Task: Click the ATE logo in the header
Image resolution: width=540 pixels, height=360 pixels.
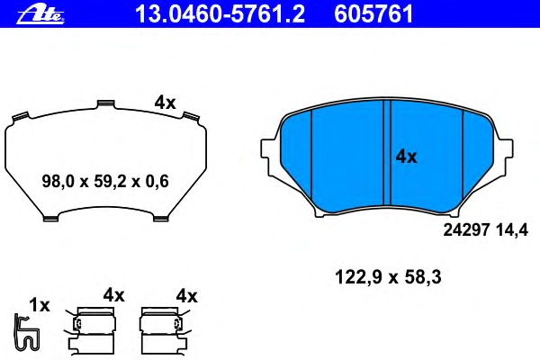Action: tap(40, 14)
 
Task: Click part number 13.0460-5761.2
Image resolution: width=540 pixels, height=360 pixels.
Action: tap(220, 14)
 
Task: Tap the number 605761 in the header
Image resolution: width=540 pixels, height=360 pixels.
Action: tap(373, 14)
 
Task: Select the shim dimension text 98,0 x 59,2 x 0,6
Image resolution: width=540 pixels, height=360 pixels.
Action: tap(105, 181)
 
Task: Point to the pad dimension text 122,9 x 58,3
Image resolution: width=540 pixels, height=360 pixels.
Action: tap(388, 277)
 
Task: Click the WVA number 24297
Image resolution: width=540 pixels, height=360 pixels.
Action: tap(466, 230)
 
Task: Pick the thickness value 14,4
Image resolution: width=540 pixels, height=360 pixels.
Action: tap(512, 230)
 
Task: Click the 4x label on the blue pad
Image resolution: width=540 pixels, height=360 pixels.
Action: tap(406, 157)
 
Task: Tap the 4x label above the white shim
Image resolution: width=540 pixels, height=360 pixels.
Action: tap(165, 103)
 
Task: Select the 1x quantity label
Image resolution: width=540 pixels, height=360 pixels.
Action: tap(40, 305)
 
